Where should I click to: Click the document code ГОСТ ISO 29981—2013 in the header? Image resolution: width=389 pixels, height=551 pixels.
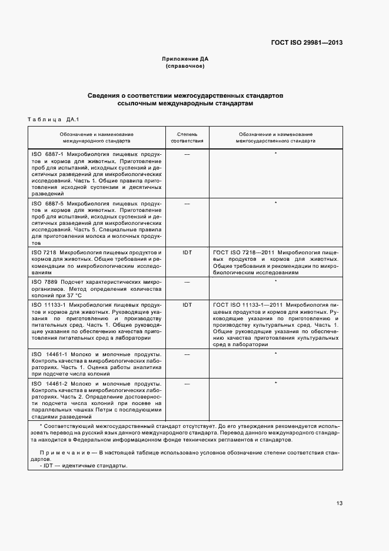(307, 42)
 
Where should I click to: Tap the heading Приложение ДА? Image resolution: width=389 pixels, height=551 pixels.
(185, 59)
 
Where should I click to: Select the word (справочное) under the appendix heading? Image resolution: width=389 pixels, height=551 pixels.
(185, 67)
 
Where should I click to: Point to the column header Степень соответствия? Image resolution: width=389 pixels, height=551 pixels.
(187, 138)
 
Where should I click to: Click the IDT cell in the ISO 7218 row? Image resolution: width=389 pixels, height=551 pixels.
(187, 252)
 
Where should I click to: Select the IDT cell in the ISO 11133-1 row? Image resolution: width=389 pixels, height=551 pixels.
(187, 304)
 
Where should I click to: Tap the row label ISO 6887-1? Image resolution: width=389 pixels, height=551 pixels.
(48, 154)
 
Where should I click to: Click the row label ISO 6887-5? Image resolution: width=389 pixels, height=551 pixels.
(48, 203)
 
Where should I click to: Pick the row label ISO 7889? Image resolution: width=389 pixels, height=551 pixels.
(44, 282)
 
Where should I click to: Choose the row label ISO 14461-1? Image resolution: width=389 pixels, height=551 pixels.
(49, 354)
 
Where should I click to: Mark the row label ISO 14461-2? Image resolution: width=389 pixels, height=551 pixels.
(49, 383)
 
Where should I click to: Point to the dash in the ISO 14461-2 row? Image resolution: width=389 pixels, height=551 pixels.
(187, 383)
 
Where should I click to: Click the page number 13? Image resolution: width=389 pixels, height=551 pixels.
(340, 503)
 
